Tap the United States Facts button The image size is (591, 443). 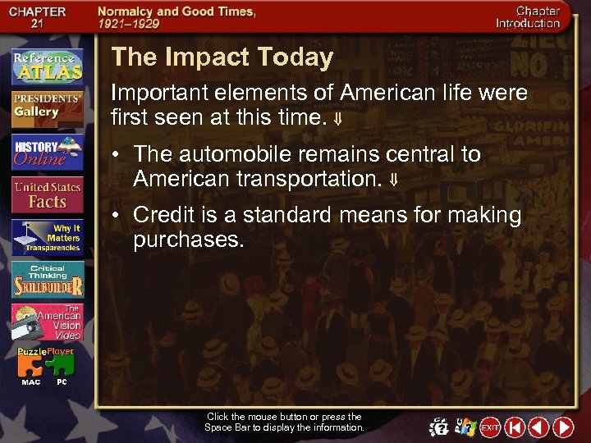point(47,195)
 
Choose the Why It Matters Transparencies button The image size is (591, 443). point(47,238)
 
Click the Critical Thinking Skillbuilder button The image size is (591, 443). point(47,281)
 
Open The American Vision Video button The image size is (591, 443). point(47,323)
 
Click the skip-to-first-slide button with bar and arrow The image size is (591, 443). point(514,427)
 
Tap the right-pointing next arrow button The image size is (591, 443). point(563,427)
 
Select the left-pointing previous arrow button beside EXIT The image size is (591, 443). point(538,427)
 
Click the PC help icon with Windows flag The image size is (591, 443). point(465,427)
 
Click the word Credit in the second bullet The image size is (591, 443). point(159,216)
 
